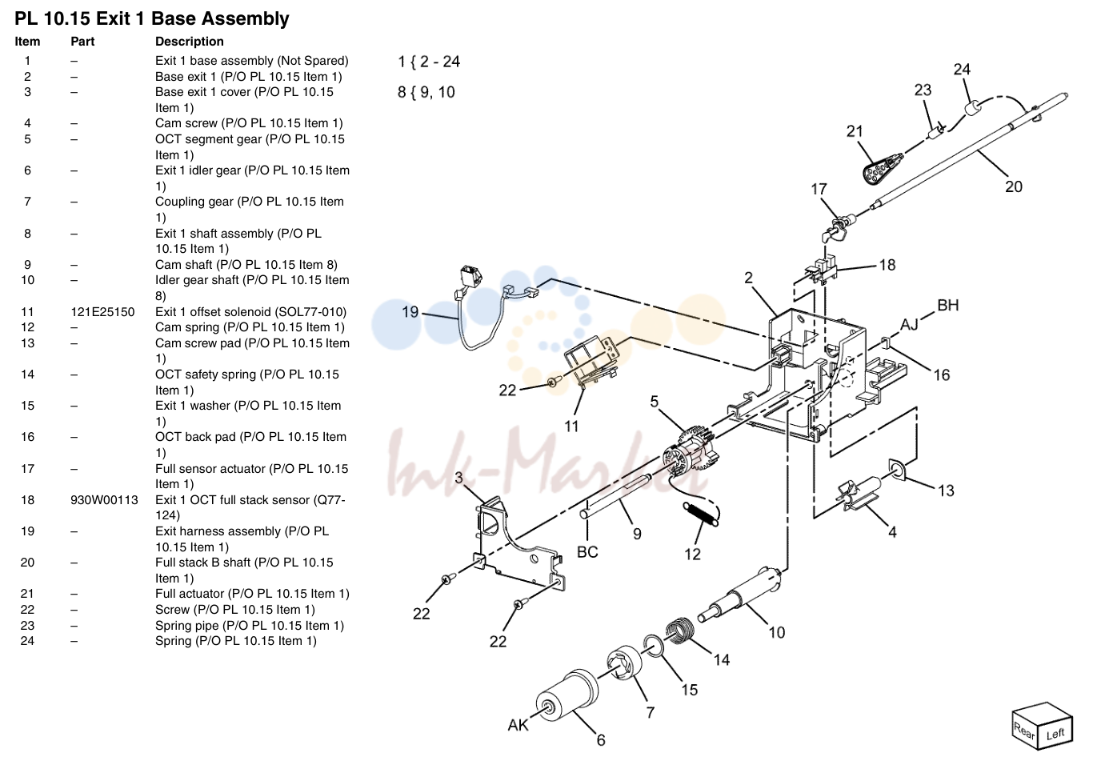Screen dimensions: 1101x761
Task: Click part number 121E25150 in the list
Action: [x=102, y=312]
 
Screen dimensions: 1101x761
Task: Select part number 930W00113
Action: [x=104, y=500]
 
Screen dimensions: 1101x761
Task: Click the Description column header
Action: [x=189, y=42]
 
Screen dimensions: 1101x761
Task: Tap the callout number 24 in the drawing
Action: [x=962, y=70]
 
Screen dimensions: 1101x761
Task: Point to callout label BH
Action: [x=948, y=306]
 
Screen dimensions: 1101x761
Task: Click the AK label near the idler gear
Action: [x=518, y=725]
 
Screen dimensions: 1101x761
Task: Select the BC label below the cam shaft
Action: [x=587, y=552]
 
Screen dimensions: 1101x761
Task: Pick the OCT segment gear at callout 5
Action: [x=690, y=453]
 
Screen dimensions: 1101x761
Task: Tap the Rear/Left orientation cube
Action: [x=1042, y=726]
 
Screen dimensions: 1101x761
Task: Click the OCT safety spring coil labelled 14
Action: [x=680, y=631]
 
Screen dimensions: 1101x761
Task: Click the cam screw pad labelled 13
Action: [x=898, y=471]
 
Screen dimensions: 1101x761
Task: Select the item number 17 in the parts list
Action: [x=27, y=468]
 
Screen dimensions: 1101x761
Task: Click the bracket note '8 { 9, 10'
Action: [x=426, y=92]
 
